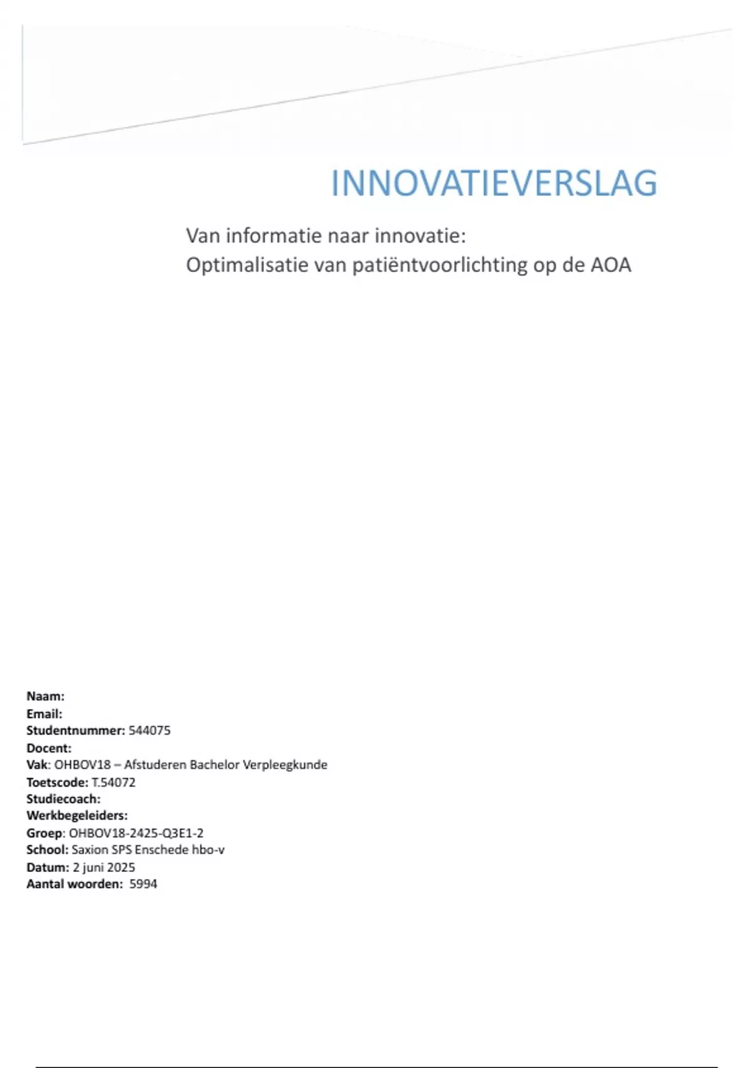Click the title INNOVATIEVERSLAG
494,183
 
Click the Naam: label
45,696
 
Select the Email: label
44,714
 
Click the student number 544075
150,731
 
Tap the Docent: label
49,748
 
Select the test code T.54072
114,782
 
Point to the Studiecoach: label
63,799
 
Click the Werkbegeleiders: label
77,815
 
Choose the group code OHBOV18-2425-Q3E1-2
136,833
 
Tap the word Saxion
90,850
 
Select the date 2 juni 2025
104,868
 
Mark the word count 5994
143,884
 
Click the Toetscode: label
57,782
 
